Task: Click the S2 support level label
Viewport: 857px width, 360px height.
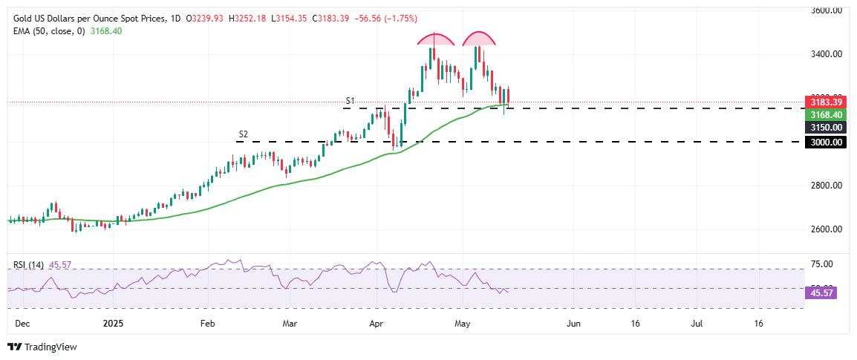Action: click(x=243, y=134)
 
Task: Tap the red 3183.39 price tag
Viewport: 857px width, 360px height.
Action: click(x=825, y=102)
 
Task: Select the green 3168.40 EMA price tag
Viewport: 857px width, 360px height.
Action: click(x=825, y=115)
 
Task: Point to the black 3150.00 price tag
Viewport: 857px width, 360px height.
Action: click(x=825, y=128)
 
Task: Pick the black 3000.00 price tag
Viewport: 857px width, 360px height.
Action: click(x=825, y=142)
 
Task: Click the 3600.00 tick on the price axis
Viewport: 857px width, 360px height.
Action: click(x=827, y=11)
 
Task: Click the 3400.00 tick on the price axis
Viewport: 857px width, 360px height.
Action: click(x=827, y=54)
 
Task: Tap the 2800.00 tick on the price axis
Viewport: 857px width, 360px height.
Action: click(x=827, y=186)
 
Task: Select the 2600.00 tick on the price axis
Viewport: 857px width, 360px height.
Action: click(x=827, y=229)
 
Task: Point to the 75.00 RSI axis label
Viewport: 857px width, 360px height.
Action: click(x=821, y=264)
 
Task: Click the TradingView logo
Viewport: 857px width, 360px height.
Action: click(x=42, y=347)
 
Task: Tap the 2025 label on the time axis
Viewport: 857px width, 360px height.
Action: click(x=113, y=324)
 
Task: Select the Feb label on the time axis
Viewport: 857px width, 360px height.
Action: click(x=207, y=324)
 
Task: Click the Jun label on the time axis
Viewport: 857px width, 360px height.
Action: click(x=573, y=324)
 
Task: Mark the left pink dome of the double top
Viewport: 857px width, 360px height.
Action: click(x=435, y=40)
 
